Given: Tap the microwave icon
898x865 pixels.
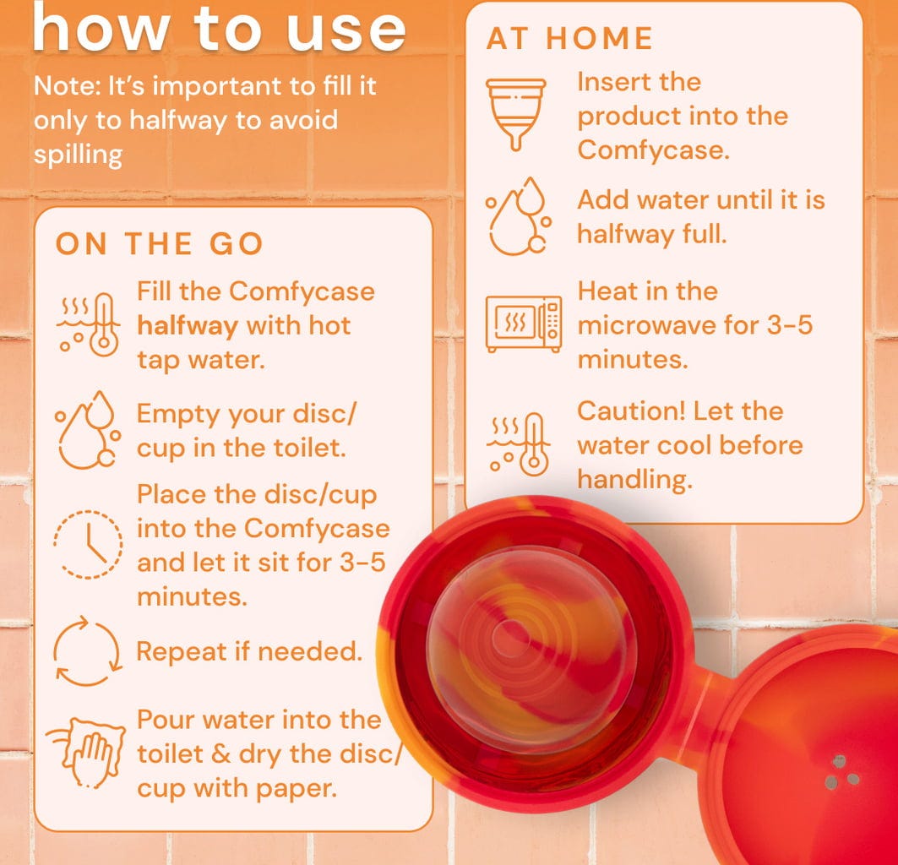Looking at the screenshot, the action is pyautogui.click(x=524, y=324).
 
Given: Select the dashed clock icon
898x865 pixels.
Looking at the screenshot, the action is pyautogui.click(x=88, y=545).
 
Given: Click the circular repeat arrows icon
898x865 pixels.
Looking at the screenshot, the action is pyautogui.click(x=88, y=650).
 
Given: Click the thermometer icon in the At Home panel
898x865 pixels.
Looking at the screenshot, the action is pyautogui.click(x=519, y=444).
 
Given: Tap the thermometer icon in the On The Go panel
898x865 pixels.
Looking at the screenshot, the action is pyautogui.click(x=88, y=324).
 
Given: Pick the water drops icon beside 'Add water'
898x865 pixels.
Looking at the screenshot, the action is pyautogui.click(x=519, y=216).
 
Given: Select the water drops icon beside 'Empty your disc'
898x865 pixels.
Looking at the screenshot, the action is pyautogui.click(x=88, y=430).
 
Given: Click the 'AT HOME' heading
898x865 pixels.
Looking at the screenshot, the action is pyautogui.click(x=569, y=38).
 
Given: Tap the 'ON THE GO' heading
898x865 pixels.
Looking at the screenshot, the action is pyautogui.click(x=159, y=243).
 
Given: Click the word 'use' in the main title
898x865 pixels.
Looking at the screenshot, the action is pyautogui.click(x=346, y=29).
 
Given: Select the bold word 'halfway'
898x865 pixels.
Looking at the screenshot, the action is pyautogui.click(x=188, y=326).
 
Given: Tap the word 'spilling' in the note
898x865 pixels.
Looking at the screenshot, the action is pyautogui.click(x=78, y=155).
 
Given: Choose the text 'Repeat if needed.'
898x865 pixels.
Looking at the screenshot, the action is pyautogui.click(x=250, y=651).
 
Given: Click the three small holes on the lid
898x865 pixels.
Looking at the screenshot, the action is pyautogui.click(x=841, y=771).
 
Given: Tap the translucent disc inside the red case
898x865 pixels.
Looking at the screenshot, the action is pyautogui.click(x=531, y=647).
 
